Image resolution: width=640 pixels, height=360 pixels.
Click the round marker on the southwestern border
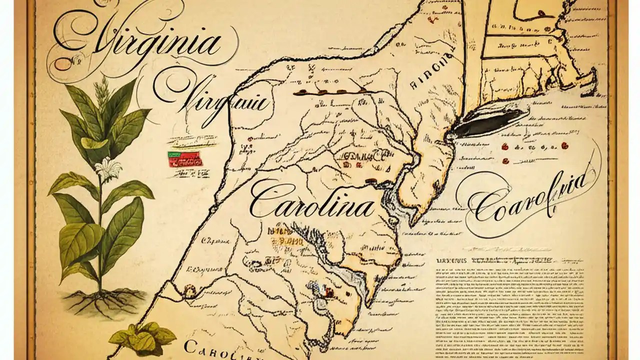[189, 288]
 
